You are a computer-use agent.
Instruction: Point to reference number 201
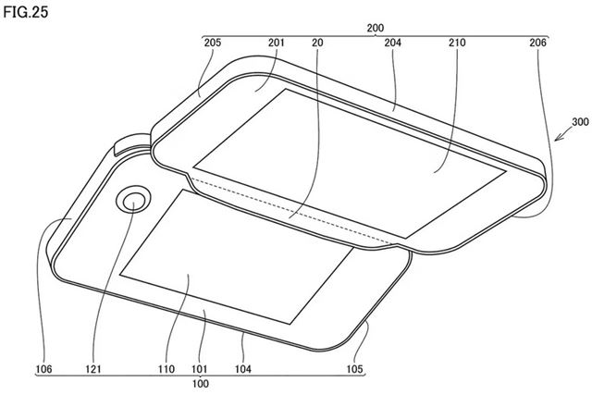tap(275, 43)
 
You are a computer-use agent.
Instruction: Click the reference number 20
tap(316, 43)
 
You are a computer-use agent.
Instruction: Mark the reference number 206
tap(538, 43)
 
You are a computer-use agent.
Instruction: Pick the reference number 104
tap(242, 368)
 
